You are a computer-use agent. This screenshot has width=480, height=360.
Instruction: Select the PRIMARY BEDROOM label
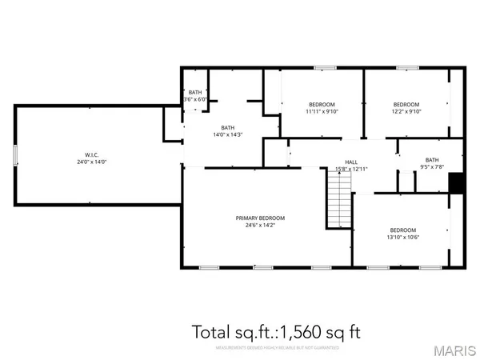click(x=260, y=218)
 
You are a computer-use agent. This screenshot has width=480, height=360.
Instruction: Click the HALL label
click(x=350, y=162)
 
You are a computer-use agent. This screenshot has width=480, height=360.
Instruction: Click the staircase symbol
click(x=339, y=199)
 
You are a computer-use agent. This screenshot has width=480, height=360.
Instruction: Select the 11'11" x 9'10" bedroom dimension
click(x=322, y=112)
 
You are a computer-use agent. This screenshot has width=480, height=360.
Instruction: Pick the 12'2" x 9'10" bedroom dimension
click(x=406, y=112)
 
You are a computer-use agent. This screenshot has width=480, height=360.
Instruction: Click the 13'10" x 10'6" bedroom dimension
click(x=403, y=237)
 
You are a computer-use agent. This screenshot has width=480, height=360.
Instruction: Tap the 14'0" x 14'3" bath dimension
click(x=227, y=134)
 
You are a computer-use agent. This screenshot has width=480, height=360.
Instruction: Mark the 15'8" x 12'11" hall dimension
click(x=350, y=169)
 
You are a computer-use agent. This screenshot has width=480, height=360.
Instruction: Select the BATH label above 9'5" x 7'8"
click(x=432, y=159)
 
